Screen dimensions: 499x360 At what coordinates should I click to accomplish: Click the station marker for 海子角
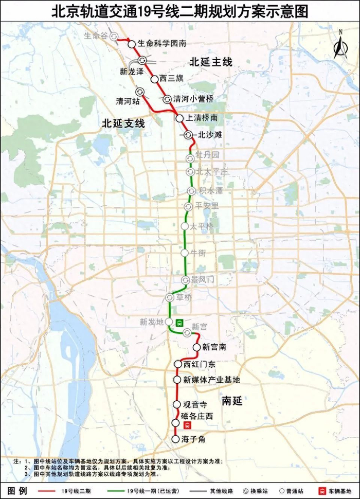click(175, 439)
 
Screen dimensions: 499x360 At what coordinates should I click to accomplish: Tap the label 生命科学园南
click(161, 44)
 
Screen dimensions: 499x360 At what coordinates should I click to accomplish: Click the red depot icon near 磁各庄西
click(188, 425)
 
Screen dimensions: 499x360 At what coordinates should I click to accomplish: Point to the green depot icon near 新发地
click(179, 323)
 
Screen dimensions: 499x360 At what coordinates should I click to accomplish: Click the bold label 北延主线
click(211, 62)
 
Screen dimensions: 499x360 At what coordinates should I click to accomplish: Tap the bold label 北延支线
click(123, 123)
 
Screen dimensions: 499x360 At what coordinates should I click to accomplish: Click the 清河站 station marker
click(139, 91)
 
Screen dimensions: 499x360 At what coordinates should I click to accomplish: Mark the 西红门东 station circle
click(178, 364)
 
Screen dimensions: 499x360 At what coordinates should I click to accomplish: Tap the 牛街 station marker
click(185, 253)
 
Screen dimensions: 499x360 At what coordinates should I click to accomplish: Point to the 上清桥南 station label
click(202, 118)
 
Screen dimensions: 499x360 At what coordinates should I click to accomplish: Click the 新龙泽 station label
click(131, 72)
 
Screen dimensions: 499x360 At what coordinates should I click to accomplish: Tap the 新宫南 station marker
click(196, 347)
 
